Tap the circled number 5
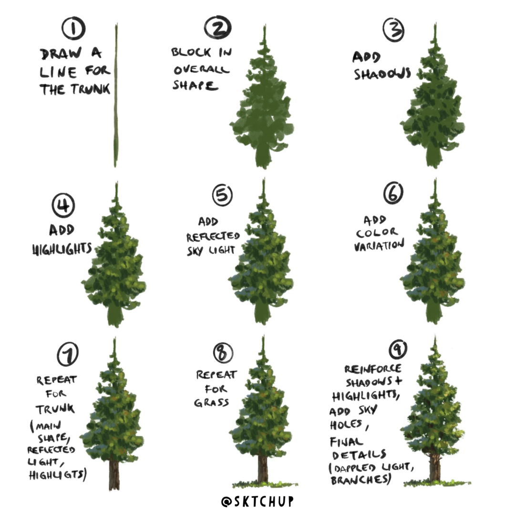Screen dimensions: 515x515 222,196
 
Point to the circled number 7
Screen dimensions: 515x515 67,354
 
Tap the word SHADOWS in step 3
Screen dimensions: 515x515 382,74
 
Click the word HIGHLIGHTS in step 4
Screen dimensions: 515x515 62,249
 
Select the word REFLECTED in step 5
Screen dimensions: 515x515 213,237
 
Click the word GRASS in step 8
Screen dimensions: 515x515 211,402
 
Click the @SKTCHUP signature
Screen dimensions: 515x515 257,501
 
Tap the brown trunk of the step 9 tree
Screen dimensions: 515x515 434,467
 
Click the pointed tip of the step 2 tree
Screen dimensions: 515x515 264,30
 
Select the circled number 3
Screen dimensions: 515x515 394,30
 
